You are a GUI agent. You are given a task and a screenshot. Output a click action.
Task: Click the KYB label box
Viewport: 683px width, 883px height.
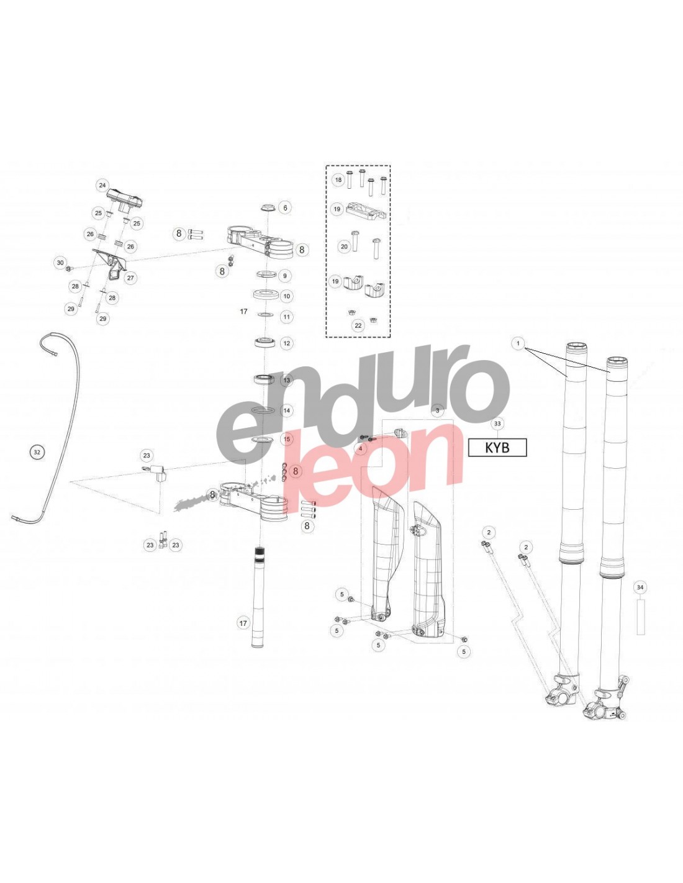(497, 447)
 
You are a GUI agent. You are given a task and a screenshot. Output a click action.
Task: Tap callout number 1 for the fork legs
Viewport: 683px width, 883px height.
(518, 344)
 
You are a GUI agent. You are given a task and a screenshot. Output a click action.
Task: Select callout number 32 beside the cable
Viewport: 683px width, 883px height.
(37, 452)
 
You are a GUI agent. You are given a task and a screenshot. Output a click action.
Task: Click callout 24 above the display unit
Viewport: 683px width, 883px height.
(102, 185)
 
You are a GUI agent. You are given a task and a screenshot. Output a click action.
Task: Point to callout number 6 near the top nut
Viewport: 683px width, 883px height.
(285, 207)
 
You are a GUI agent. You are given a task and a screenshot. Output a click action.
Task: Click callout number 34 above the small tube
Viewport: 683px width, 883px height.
(640, 587)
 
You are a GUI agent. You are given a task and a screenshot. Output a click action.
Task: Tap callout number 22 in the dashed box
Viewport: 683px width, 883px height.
(358, 325)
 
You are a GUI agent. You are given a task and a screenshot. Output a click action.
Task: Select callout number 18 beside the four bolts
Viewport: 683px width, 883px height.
(338, 179)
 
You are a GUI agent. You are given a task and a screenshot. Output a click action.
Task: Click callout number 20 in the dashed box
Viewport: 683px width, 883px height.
(344, 247)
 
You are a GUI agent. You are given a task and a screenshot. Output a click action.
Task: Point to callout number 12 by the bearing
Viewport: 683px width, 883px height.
(287, 343)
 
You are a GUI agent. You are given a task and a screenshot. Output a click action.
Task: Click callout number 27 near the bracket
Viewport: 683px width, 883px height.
(130, 278)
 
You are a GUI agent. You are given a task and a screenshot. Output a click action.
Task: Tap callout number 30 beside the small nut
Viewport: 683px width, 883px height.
(60, 263)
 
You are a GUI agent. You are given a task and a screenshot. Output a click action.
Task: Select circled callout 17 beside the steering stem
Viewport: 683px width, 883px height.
(243, 623)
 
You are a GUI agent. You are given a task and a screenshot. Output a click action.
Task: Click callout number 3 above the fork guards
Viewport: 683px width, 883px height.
(437, 410)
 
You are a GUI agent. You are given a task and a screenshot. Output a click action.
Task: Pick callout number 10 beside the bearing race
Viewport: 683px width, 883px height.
(287, 296)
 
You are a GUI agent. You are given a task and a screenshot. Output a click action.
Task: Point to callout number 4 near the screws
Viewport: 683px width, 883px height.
(360, 448)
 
